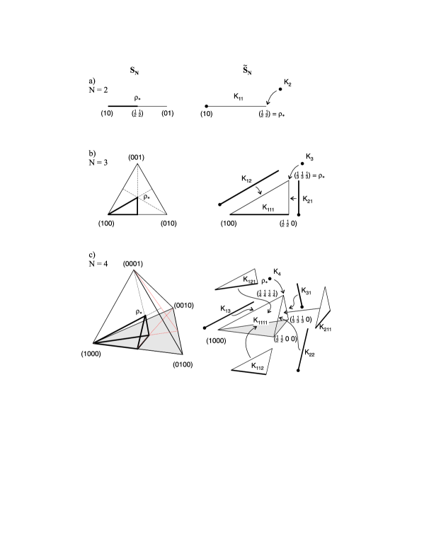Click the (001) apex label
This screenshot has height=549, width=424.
[137, 156]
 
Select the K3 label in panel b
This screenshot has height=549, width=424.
[310, 155]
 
